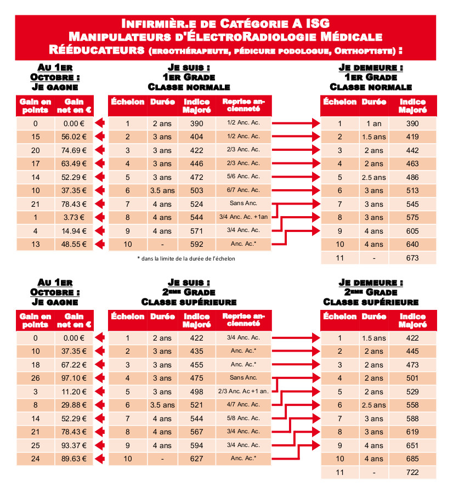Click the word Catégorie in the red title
coord(259,24)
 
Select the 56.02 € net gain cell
coord(73,137)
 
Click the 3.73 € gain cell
coord(73,217)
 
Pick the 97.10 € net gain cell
coord(73,378)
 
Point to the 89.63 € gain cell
coord(73,459)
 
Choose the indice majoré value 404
coord(197,137)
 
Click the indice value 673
coord(412,258)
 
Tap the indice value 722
coord(412,473)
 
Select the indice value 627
coord(197,459)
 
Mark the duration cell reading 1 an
coord(374,123)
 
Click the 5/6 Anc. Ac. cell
coord(244,177)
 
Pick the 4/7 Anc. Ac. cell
coord(244,404)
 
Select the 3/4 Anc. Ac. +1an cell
coord(244,217)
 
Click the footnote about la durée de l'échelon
coord(186,258)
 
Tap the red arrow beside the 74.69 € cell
coord(100,150)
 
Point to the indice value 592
coord(197,244)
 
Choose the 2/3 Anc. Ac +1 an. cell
coord(244,391)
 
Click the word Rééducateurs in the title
coord(97,50)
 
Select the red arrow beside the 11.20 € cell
coord(100,392)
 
